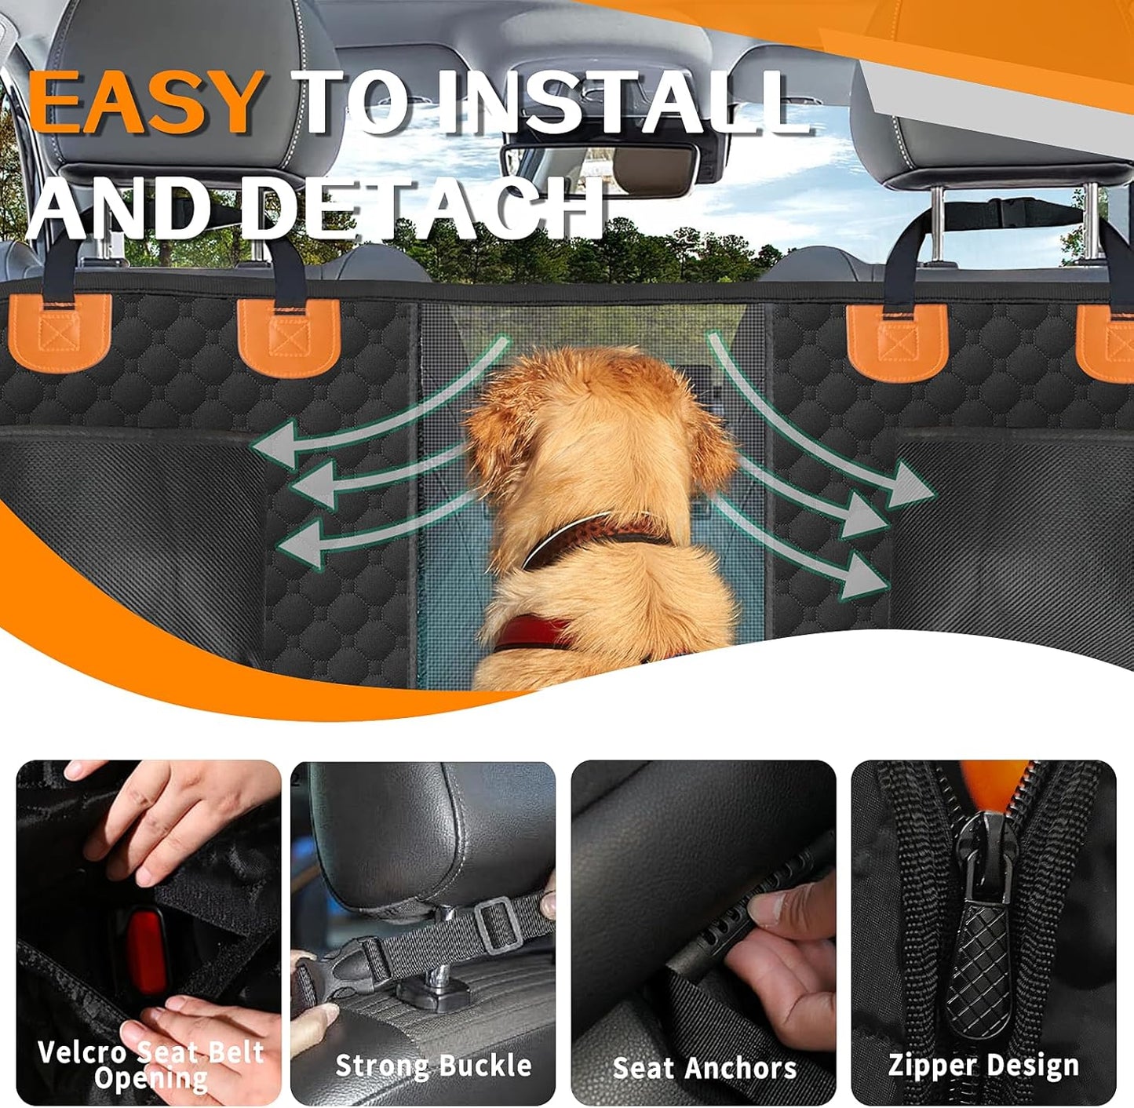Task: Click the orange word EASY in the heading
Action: pos(147,102)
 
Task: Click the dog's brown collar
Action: pos(596,534)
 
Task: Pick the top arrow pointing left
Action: pos(377,416)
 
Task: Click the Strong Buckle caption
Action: pos(433,1065)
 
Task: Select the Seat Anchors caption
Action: pos(704,1067)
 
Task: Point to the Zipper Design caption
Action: pos(983,1065)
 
